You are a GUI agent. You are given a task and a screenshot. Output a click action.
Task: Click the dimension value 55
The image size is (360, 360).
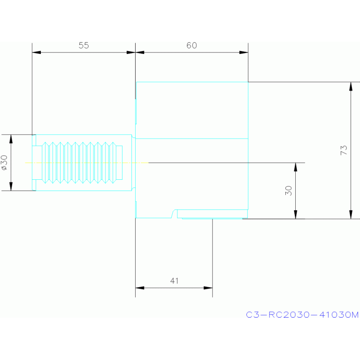84,46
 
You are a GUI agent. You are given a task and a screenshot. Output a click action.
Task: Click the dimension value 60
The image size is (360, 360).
191,46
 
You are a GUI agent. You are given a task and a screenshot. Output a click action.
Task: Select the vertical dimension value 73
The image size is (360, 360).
344,150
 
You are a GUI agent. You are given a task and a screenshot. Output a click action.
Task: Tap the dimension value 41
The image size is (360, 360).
174,281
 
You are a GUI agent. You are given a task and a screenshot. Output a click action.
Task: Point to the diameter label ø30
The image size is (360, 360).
4,162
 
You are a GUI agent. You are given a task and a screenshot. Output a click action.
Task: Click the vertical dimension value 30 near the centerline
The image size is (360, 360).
289,190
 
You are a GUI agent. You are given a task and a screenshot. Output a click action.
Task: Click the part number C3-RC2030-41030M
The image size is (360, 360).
302,315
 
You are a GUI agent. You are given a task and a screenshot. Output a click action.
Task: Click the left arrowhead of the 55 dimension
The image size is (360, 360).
36,52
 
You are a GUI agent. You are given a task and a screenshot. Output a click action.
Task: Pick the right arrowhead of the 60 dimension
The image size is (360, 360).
244,52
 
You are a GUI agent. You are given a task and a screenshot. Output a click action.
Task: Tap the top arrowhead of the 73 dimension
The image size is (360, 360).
351,86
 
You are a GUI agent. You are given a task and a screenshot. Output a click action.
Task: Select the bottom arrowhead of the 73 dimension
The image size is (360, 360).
351,214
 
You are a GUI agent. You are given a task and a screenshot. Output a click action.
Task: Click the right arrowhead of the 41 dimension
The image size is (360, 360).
208,288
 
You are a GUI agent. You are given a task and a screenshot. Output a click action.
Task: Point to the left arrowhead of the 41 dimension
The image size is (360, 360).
139,288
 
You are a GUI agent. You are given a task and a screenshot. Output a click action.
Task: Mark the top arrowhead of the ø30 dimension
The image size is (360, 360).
11,138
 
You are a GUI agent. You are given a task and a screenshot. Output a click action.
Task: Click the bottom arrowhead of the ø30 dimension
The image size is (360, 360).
11,187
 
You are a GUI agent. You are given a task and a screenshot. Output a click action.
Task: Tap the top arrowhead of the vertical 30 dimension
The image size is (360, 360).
295,167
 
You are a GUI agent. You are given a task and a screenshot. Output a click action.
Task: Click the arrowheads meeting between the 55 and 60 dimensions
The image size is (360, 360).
135,52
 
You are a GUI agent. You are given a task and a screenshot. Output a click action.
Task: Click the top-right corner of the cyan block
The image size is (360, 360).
248,82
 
